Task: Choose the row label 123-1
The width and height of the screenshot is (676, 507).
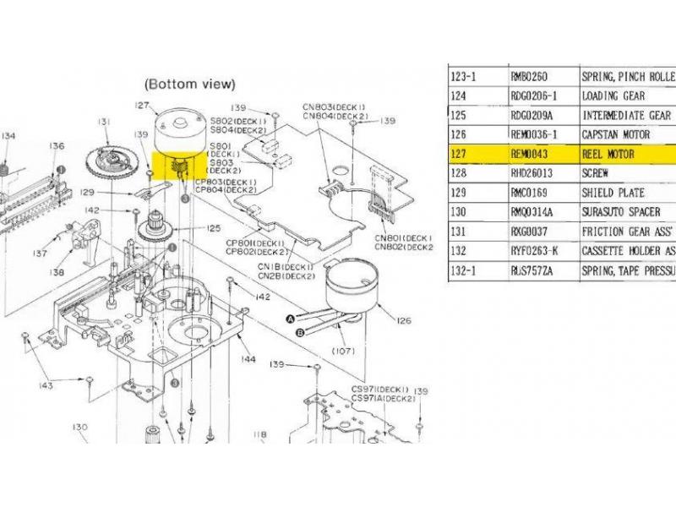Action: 464,76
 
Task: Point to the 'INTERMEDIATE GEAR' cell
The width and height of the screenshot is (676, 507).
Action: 626,115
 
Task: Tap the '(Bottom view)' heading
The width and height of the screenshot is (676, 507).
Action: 190,84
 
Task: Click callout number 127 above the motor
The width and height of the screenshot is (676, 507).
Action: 141,106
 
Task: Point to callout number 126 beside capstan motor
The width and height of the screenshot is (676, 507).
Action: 403,320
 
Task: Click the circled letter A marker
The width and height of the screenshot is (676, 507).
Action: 290,319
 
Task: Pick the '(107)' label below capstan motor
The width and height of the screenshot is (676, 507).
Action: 342,351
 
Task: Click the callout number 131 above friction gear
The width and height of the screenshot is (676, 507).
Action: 105,123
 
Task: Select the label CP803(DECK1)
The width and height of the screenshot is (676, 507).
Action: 226,182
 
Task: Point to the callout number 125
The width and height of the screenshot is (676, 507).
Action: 214,227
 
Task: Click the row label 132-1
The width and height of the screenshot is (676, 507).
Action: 464,272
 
